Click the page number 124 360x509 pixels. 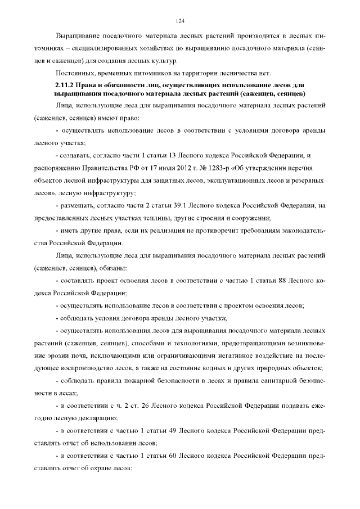tap(180, 21)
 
